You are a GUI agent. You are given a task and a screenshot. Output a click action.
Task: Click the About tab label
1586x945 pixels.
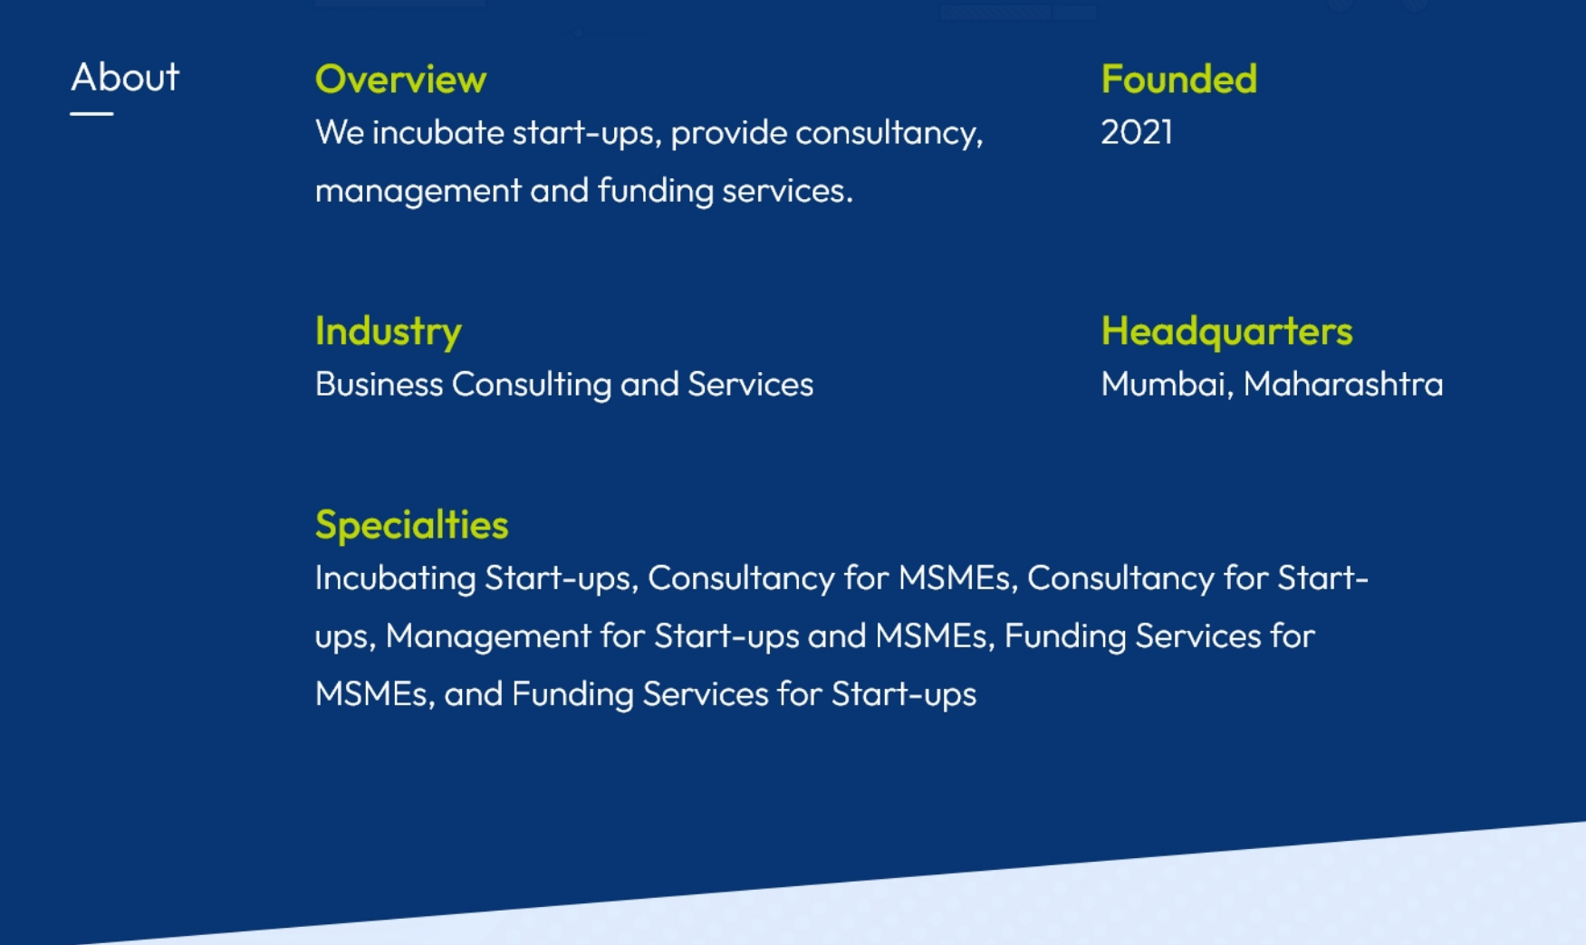point(125,77)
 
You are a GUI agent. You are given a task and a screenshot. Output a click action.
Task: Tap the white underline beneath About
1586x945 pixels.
point(91,114)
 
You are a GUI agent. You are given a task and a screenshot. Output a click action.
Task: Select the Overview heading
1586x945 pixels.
point(400,80)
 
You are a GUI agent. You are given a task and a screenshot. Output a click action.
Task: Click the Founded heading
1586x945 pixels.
point(1178,80)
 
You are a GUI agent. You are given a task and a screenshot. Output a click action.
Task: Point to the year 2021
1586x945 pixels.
point(1137,133)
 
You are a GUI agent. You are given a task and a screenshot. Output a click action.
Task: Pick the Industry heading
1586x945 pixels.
point(389,331)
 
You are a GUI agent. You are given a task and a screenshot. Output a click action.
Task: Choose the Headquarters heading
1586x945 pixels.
point(1226,331)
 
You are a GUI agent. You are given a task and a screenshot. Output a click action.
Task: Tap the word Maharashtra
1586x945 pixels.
point(1343,385)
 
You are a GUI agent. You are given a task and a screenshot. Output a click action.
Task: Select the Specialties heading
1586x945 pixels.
point(412,525)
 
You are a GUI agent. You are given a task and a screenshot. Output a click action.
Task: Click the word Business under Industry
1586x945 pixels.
point(379,385)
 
